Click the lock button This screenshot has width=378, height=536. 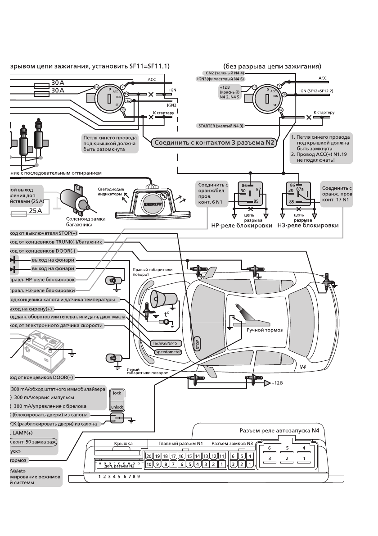tap(117, 393)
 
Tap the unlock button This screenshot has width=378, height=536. tap(117, 406)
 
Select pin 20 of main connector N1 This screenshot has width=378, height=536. tap(150, 456)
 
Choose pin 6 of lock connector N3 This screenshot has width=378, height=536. tap(233, 456)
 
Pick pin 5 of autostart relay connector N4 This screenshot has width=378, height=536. tap(287, 448)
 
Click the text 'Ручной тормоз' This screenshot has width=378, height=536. tap(265, 330)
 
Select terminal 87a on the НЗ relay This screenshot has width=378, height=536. tap(300, 190)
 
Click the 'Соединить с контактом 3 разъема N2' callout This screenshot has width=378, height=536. tap(213, 143)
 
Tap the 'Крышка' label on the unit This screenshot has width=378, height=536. tap(123, 444)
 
